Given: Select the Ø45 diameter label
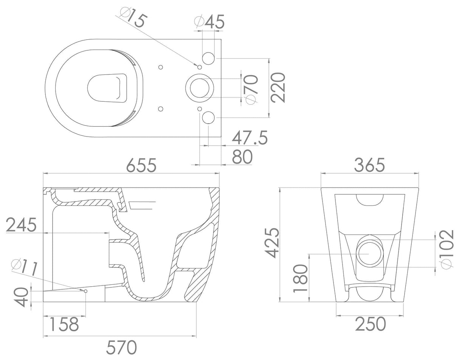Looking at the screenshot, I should click(209, 22).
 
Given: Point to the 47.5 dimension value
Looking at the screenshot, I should click(250, 138).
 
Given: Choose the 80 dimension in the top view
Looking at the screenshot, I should click(242, 157).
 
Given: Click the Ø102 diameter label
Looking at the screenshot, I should click(446, 249).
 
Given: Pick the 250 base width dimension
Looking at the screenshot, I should click(370, 324).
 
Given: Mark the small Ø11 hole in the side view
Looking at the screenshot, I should click(86, 291).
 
